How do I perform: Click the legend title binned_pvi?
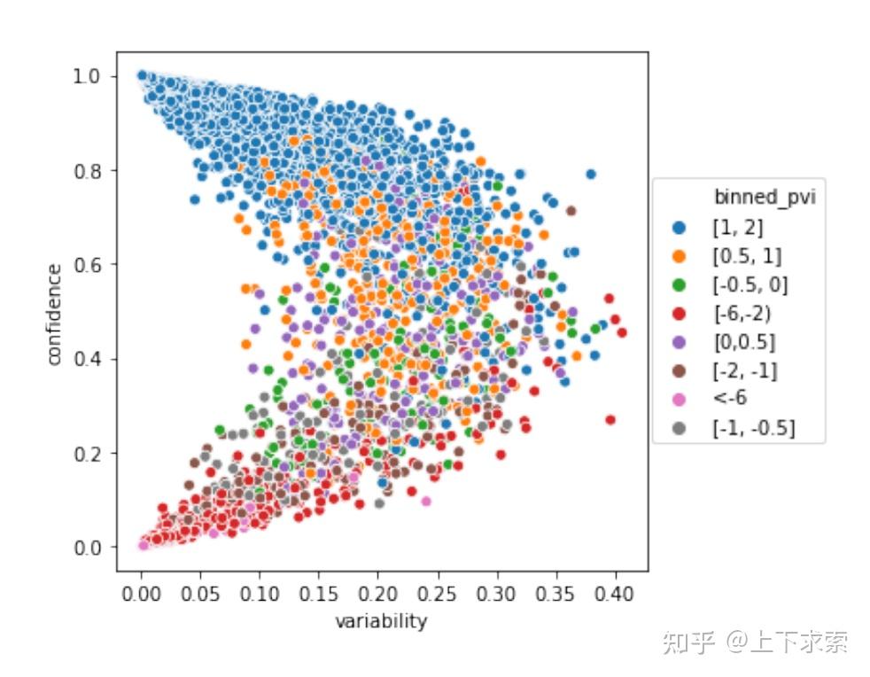(x=764, y=198)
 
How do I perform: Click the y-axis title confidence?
(x=55, y=313)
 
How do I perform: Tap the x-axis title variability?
(x=381, y=621)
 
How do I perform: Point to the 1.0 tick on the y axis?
(x=89, y=76)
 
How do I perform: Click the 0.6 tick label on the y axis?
(x=89, y=264)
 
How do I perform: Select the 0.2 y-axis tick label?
(x=89, y=453)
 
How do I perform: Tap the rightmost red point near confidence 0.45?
(x=622, y=332)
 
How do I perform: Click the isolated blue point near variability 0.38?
(x=591, y=174)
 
